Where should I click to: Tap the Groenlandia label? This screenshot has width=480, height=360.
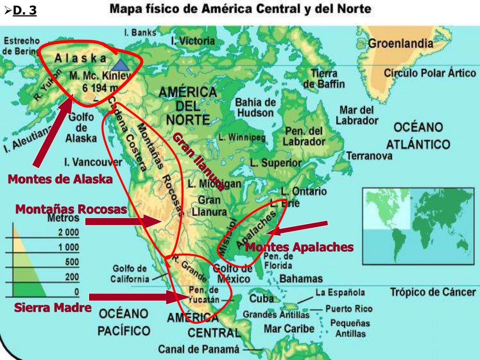coord(400,44)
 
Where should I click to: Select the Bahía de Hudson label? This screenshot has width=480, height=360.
coord(255,107)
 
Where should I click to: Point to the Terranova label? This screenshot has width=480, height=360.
coord(369,156)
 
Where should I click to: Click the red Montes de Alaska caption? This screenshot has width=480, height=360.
coord(60,179)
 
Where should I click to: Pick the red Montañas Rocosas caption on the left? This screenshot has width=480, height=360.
coord(71,209)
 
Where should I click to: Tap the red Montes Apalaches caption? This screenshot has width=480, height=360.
coord(299,247)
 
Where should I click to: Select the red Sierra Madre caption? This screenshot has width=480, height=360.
coord(52,308)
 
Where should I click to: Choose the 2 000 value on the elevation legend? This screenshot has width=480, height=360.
coord(68,233)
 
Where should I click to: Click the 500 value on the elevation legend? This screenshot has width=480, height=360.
coord(72,262)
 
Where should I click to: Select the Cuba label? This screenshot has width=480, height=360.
coord(262,299)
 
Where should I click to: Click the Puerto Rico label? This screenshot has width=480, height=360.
coord(349,309)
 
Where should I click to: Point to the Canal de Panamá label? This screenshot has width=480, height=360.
coord(198,349)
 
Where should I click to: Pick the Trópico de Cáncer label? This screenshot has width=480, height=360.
coord(433,292)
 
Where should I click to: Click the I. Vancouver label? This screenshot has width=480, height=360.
coord(93,163)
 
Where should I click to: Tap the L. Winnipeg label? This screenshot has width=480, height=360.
coord(242,138)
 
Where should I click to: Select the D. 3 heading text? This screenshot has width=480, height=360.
coord(24,10)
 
